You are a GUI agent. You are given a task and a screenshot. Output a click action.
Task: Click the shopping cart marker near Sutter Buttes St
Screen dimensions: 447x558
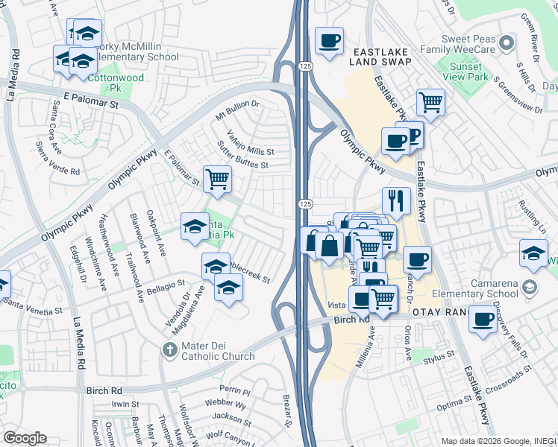point(217,179)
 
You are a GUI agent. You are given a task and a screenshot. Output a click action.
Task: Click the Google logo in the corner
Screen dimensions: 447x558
point(25,438)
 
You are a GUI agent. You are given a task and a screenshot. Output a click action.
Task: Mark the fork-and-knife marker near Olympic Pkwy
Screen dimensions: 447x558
point(397,200)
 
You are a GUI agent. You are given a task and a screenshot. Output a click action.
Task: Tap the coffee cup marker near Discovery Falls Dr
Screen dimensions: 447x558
point(483,320)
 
